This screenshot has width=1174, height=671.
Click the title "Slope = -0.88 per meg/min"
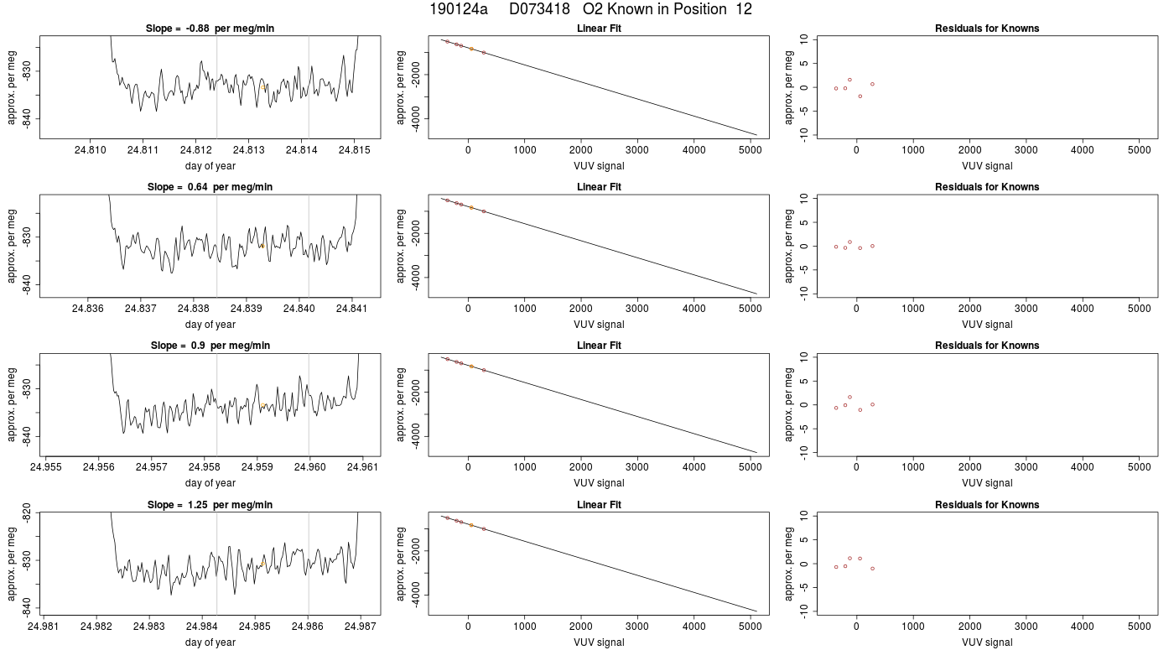pos(210,29)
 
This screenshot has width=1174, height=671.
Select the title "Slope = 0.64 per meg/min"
pos(210,186)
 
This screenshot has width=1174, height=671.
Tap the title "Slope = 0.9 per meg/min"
pos(210,346)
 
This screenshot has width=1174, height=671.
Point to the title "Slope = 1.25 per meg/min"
pos(210,505)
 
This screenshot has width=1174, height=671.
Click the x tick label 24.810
pos(91,150)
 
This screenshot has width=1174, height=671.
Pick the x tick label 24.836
pos(87,309)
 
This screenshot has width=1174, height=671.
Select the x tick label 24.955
pos(45,467)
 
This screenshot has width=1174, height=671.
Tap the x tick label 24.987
pos(361,626)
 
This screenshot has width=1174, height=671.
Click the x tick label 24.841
pos(351,309)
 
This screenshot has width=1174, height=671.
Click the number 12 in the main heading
pos(744,9)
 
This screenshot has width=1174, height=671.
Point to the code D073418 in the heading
pos(539,9)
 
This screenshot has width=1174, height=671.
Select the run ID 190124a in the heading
pos(459,9)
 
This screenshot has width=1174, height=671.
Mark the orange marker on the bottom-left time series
pos(263,564)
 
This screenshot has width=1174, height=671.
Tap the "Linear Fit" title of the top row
pos(599,29)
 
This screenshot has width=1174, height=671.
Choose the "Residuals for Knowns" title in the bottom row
pos(987,505)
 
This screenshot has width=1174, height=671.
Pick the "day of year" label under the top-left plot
pos(210,166)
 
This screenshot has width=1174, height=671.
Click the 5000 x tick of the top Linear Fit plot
pos(750,150)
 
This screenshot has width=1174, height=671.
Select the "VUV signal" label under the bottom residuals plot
pos(987,642)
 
